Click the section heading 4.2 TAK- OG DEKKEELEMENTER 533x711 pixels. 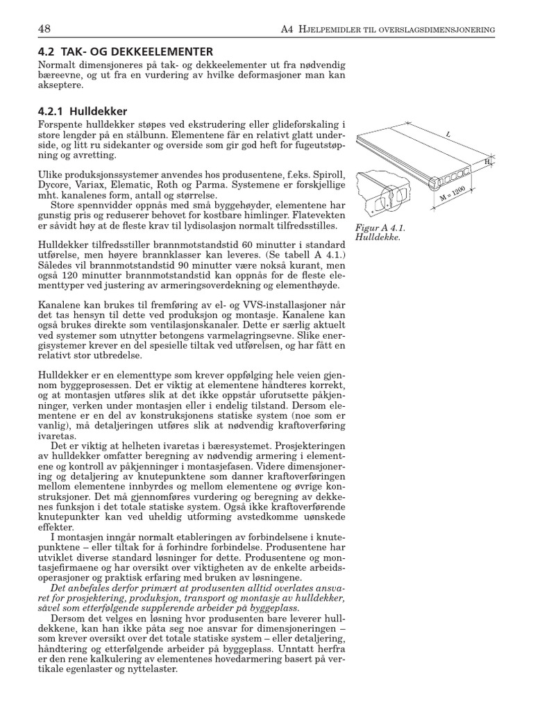126,51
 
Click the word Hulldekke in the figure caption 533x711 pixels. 375,237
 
